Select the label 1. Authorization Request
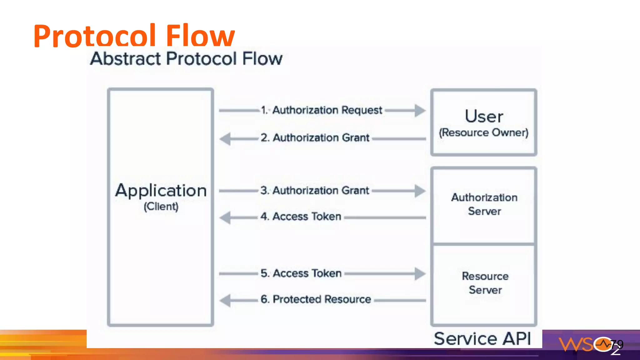click(322, 110)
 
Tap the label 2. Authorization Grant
click(315, 137)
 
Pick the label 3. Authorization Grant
click(315, 190)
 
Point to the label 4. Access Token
click(301, 216)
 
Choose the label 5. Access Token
click(301, 273)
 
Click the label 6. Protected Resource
click(316, 299)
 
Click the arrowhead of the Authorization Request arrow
click(420, 110)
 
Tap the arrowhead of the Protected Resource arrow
click(225, 301)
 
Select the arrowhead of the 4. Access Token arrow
click(225, 218)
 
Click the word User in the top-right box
click(484, 116)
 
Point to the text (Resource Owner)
click(484, 132)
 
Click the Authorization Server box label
click(484, 204)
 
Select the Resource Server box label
click(485, 283)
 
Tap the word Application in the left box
click(161, 190)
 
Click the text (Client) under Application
click(161, 206)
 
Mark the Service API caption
click(482, 339)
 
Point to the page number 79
click(617, 344)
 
